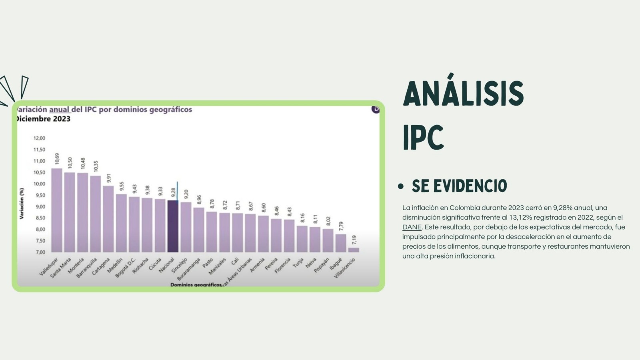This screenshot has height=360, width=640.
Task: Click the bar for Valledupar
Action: [57, 210]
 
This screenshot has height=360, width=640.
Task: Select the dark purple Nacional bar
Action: [173, 226]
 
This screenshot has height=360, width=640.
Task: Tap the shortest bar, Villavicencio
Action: [354, 250]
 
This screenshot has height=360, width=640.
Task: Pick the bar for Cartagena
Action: [108, 219]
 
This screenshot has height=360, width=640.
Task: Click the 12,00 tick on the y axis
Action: [39, 138]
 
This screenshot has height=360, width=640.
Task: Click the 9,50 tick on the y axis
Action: [39, 196]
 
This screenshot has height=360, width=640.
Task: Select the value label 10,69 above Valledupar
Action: [57, 158]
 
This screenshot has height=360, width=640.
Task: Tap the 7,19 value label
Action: [354, 240]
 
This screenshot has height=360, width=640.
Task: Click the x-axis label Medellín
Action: [115, 265]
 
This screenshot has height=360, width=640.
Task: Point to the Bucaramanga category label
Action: [189, 268]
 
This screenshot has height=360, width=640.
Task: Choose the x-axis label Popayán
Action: [322, 265]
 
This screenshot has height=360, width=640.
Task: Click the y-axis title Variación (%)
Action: [22, 203]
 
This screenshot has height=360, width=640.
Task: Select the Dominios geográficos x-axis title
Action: [196, 284]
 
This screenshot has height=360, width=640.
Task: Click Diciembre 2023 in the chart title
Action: [43, 119]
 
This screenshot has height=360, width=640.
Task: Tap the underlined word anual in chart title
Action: [59, 110]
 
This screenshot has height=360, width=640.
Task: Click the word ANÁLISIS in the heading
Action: [463, 94]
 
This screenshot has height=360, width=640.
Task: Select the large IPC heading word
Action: [423, 138]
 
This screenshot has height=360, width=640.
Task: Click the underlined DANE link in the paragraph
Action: [412, 227]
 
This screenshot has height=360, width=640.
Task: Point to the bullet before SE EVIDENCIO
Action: [401, 186]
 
